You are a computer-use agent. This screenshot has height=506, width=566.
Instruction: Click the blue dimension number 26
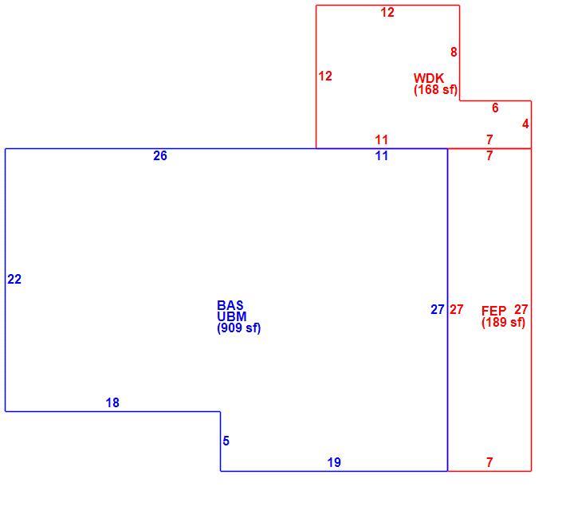pyautogui.click(x=160, y=155)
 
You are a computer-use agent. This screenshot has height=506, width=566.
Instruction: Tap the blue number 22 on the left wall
pyautogui.click(x=14, y=279)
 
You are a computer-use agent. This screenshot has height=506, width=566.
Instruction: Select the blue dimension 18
pyautogui.click(x=112, y=402)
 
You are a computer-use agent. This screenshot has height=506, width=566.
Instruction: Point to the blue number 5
pyautogui.click(x=226, y=441)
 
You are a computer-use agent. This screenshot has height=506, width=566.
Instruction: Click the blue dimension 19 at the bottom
pyautogui.click(x=334, y=462)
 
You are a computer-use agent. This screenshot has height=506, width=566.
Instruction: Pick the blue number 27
pyautogui.click(x=437, y=309)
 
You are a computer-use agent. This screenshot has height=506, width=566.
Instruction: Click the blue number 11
pyautogui.click(x=382, y=155)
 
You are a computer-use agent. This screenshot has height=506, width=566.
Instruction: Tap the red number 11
pyautogui.click(x=382, y=139)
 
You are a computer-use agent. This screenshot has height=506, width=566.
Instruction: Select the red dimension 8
pyautogui.click(x=454, y=52)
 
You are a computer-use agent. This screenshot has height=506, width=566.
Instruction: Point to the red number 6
pyautogui.click(x=495, y=108)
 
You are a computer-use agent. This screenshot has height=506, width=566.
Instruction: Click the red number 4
pyautogui.click(x=525, y=124)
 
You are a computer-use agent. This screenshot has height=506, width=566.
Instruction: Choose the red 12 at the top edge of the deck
pyautogui.click(x=387, y=12)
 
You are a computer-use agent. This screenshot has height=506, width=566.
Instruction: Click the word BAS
pyautogui.click(x=230, y=305)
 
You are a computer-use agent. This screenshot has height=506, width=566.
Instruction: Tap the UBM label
pyautogui.click(x=232, y=316)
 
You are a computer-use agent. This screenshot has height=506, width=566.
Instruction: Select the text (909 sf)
pyautogui.click(x=238, y=328)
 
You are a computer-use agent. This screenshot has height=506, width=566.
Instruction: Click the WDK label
pyautogui.click(x=429, y=78)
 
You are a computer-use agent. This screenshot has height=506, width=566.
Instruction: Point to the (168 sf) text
pyautogui.click(x=436, y=89)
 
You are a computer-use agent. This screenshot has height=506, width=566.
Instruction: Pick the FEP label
pyautogui.click(x=493, y=311)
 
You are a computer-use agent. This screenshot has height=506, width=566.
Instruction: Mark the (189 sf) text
pyautogui.click(x=503, y=322)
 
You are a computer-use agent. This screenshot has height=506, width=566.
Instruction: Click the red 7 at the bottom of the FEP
pyautogui.click(x=489, y=462)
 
